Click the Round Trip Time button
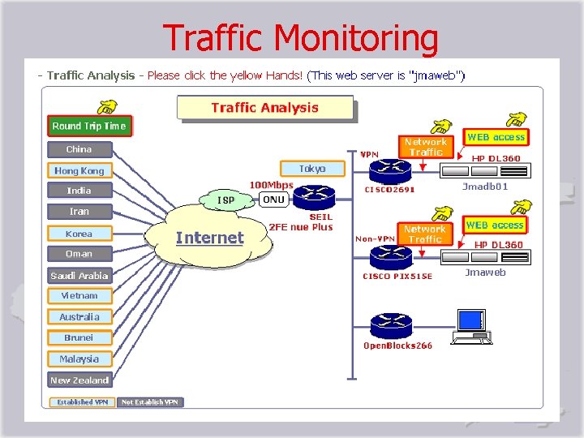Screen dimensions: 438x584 click(x=89, y=126)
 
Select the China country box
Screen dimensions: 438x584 click(x=79, y=149)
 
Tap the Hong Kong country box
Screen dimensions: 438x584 click(x=79, y=170)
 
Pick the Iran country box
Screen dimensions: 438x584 click(x=79, y=212)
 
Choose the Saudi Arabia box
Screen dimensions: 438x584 click(x=79, y=276)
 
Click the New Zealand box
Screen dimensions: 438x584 click(x=79, y=380)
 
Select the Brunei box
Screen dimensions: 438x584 click(x=79, y=337)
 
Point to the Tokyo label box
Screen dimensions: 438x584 click(x=312, y=169)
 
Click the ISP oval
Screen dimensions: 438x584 click(x=226, y=200)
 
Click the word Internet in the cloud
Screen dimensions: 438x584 click(x=209, y=238)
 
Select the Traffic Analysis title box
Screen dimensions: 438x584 click(x=264, y=108)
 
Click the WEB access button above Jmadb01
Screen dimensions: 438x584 click(x=496, y=137)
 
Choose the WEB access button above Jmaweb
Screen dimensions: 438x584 click(x=495, y=225)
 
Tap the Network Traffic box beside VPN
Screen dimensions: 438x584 click(x=426, y=147)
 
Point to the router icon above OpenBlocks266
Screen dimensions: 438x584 click(x=391, y=326)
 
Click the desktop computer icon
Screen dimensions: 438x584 click(x=471, y=324)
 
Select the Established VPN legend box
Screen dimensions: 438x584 click(x=82, y=401)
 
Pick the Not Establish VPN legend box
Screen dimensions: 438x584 click(x=151, y=401)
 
